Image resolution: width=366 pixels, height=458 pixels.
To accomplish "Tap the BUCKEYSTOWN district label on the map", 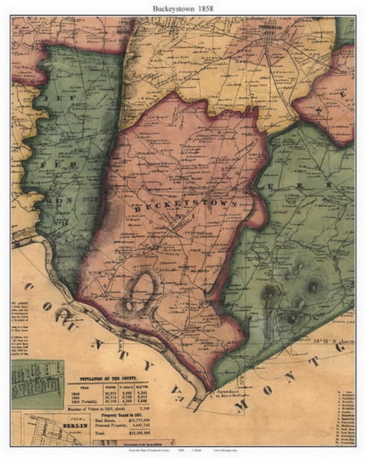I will [x=181, y=208].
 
